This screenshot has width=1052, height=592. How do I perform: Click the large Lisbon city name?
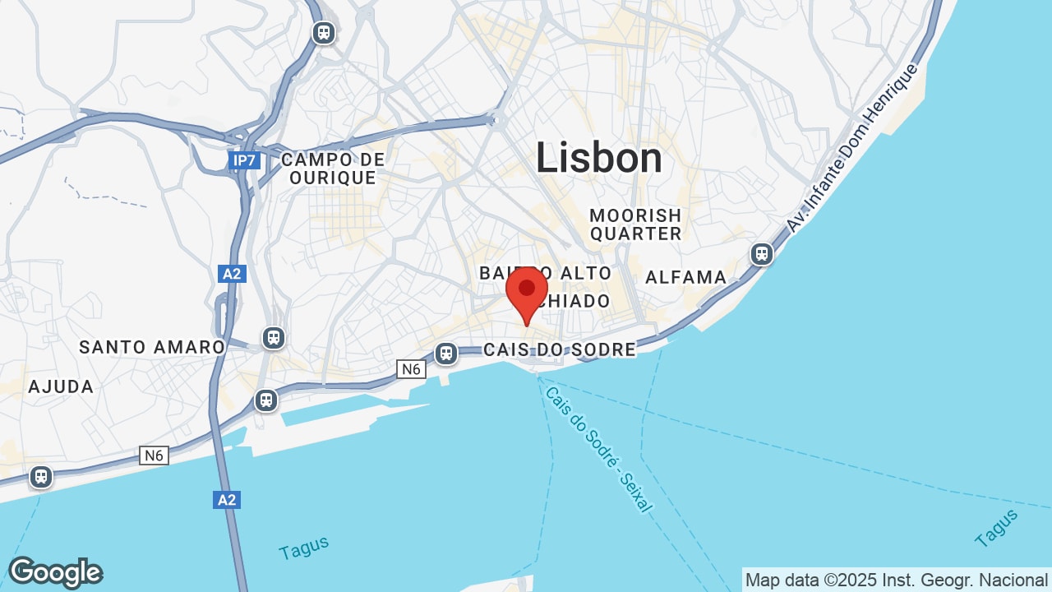pos(599,158)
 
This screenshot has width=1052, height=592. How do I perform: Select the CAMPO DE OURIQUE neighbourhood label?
pos(333,168)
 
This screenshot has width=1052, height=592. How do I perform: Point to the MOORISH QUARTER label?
pos(635,224)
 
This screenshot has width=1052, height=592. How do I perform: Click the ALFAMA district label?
pos(686,277)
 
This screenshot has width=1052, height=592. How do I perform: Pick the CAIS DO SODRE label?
pos(560,349)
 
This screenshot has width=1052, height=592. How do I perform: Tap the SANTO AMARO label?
pos(152,347)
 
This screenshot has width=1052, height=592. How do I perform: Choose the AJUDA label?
pos(61,386)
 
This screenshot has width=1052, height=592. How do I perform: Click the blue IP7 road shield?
pos(244,160)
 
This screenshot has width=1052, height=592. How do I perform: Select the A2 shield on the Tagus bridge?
pos(227,499)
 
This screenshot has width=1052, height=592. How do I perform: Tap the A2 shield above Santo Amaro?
pos(233,274)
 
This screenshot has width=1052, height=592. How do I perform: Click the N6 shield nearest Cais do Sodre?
pos(412,369)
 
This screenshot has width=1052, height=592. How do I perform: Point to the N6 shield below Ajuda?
pos(154,455)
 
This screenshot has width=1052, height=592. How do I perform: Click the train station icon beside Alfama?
pos(762,253)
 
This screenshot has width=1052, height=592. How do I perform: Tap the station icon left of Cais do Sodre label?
pos(446,354)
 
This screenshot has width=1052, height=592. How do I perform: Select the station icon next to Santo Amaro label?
pos(274,337)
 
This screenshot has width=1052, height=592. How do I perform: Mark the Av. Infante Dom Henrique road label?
pos(851,147)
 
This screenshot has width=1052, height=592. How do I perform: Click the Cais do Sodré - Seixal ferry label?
pos(598,449)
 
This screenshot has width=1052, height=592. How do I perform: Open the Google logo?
pos(55,572)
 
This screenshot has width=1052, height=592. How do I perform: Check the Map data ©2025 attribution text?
pos(897,580)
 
